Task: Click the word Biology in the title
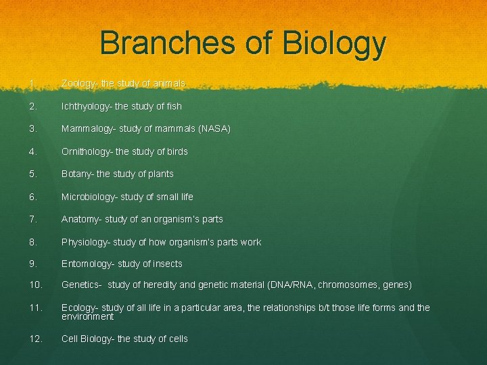[x=335, y=43]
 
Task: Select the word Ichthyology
[x=86, y=106]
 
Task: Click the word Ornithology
[x=85, y=151]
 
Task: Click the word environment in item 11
[x=87, y=316]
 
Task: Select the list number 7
[x=32, y=219]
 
